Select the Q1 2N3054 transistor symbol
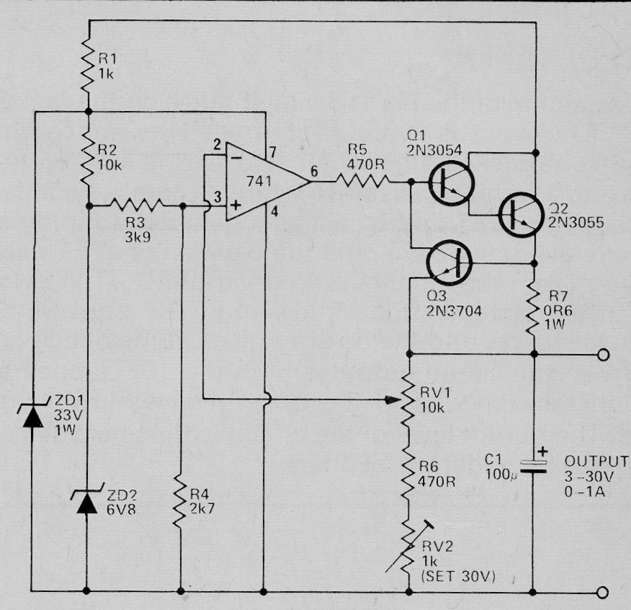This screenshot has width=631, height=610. point(451,183)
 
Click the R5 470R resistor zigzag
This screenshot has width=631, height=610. point(362,182)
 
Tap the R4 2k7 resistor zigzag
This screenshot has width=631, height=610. point(181,501)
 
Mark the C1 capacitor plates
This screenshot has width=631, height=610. point(533,467)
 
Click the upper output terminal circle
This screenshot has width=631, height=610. point(603,355)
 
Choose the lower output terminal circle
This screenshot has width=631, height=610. point(602,592)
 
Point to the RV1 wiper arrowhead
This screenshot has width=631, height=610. point(393,399)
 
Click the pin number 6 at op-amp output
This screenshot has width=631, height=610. point(314,171)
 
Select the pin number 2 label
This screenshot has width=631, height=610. point(218,144)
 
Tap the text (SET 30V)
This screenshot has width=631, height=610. point(458,576)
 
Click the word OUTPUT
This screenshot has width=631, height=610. point(596,461)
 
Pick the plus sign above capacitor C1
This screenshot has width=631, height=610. point(543,451)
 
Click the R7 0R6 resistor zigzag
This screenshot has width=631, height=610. point(534,308)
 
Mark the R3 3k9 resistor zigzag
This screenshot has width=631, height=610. point(137,206)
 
